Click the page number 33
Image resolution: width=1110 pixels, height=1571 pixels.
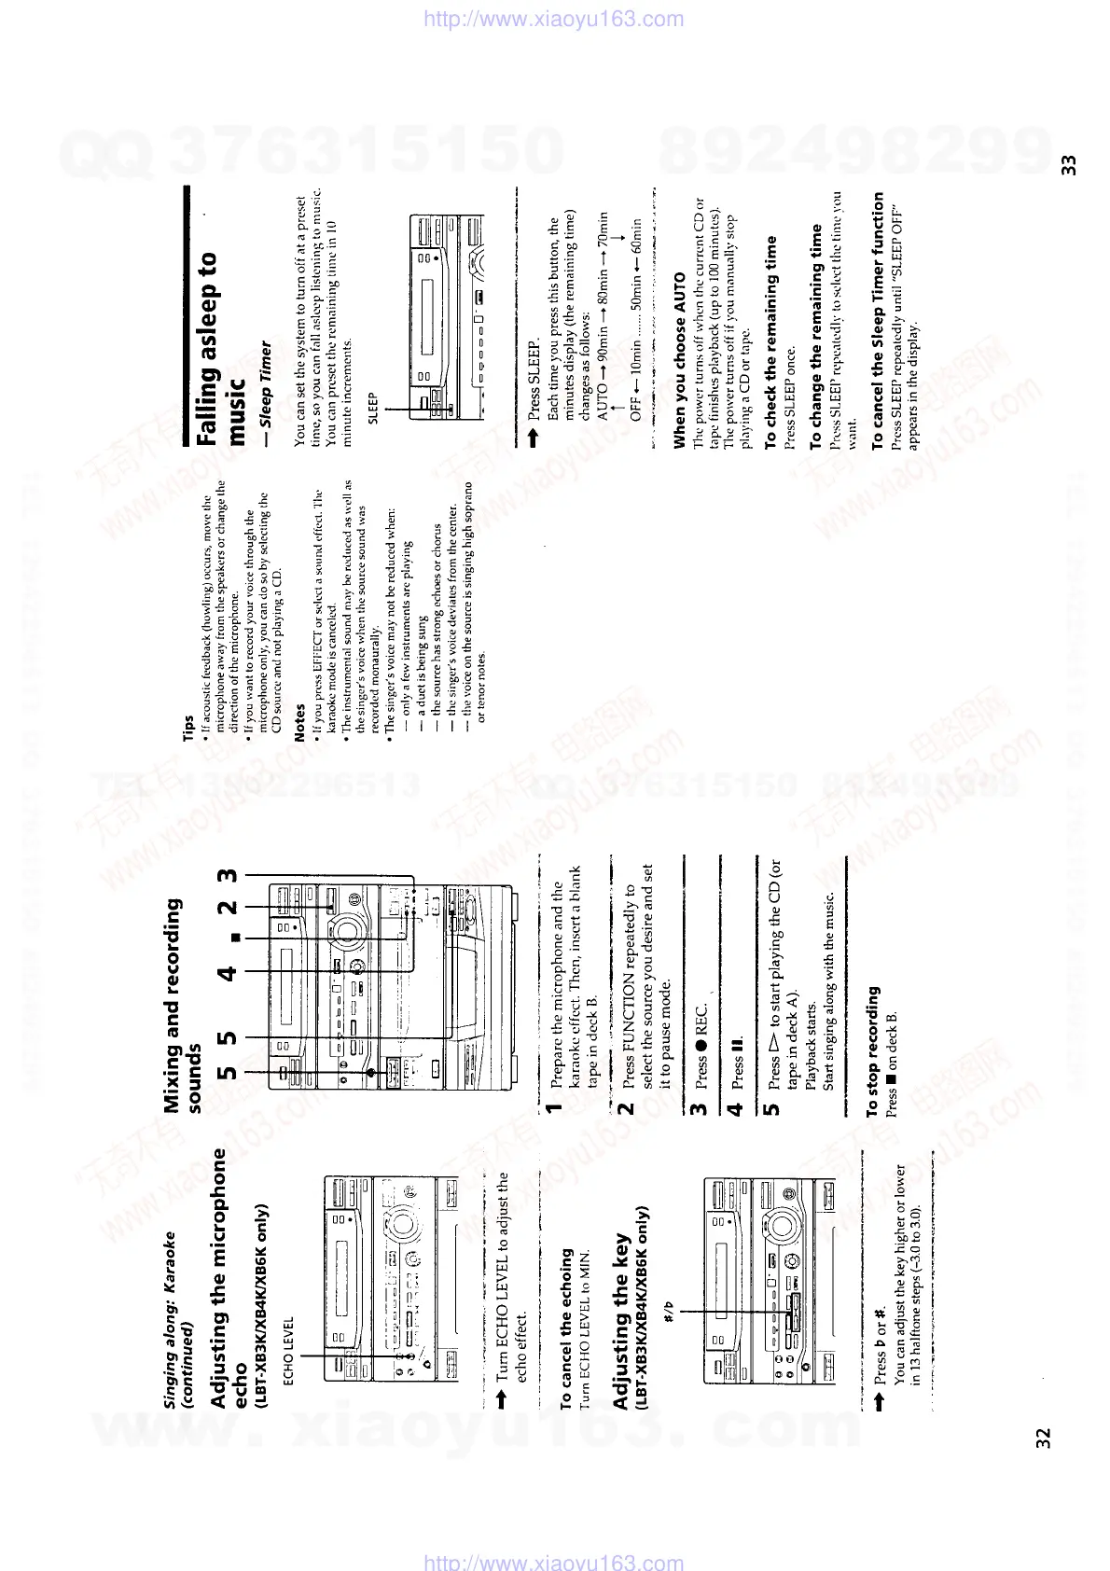[x=1069, y=165]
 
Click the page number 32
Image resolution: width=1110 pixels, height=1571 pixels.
[x=1043, y=1438]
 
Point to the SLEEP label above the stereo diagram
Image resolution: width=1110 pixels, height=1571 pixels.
[x=373, y=408]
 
